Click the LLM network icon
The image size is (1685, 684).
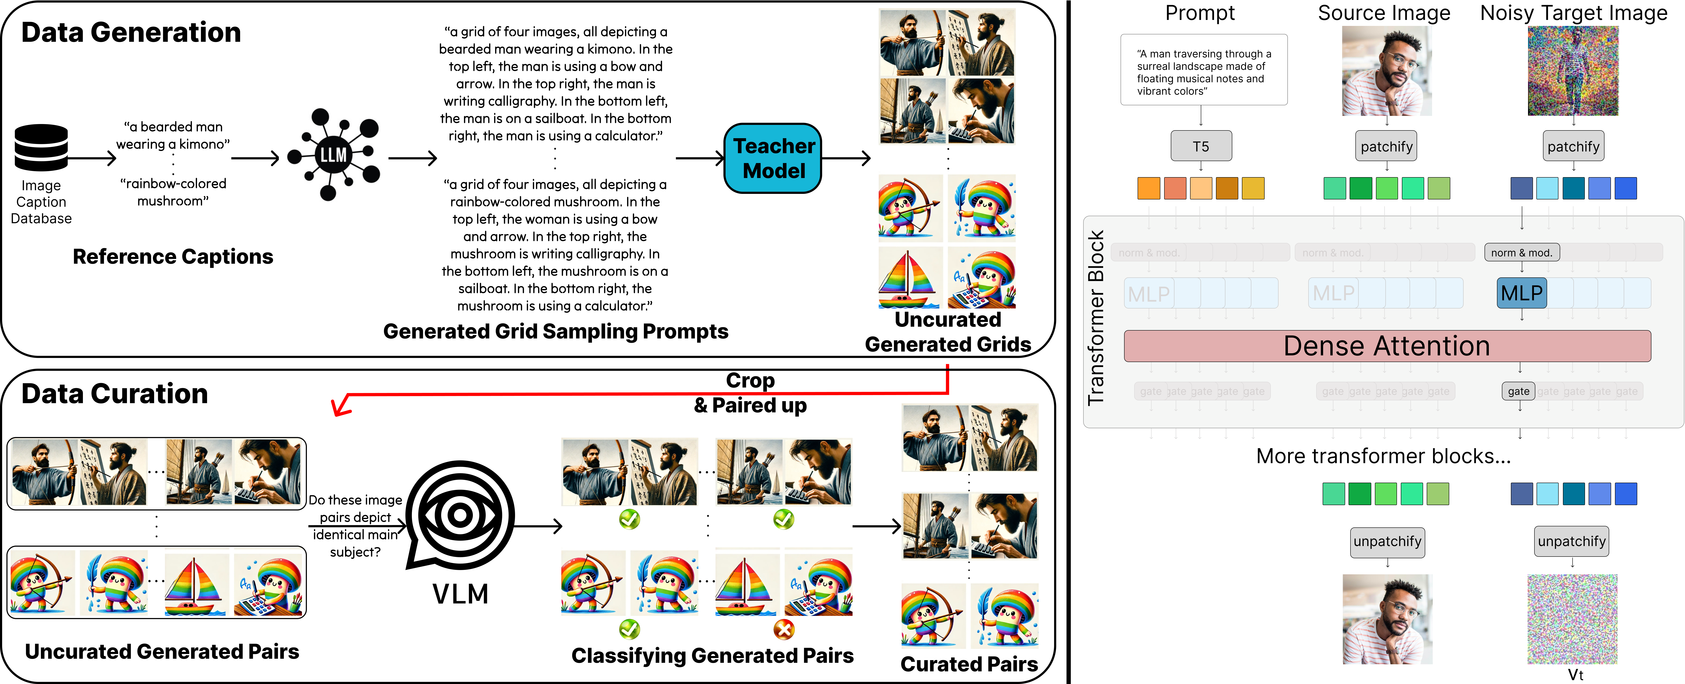click(334, 154)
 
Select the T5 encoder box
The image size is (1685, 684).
click(1201, 146)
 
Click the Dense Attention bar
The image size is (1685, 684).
click(1387, 346)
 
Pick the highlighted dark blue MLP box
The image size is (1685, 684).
click(1521, 293)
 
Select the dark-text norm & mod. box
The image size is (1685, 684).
click(1521, 253)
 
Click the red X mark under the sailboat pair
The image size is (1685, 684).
click(784, 630)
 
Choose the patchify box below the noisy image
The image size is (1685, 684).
click(1573, 147)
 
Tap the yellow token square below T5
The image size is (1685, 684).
click(1253, 189)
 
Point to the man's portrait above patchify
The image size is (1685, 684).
click(1387, 71)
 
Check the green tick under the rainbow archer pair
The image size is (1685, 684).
click(629, 630)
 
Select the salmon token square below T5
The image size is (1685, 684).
click(1175, 189)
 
